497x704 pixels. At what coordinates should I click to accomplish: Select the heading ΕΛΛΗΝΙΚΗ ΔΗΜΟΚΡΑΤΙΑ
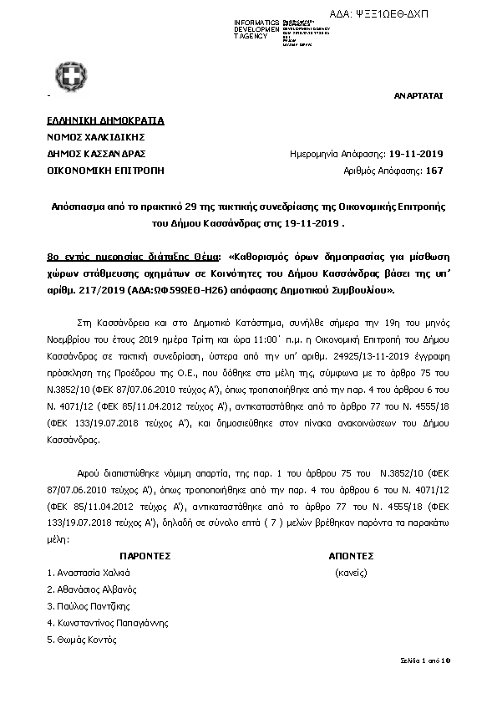pos(106,120)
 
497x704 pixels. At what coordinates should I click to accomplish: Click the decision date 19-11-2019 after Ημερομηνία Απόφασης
pos(416,154)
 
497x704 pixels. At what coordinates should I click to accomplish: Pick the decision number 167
pos(434,171)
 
